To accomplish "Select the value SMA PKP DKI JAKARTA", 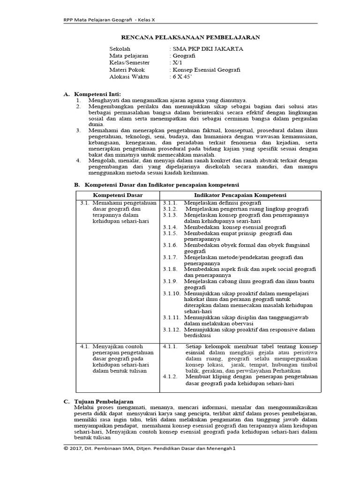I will pyautogui.click(x=207, y=48).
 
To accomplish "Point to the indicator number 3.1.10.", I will pyautogui.click(x=171, y=293).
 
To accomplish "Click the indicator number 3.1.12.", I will pyautogui.click(x=171, y=330).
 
